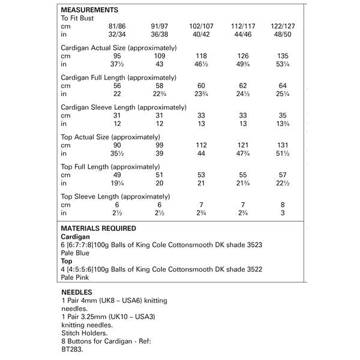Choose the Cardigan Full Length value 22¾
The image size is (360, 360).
[160, 94]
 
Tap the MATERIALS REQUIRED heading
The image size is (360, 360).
[98, 228]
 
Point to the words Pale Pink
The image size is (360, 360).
[76, 278]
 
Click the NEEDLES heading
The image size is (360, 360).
[76, 290]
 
